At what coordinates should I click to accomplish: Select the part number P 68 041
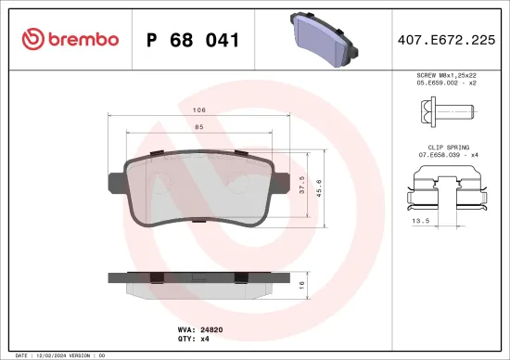coord(194,40)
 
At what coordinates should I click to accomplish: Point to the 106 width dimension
coord(199,109)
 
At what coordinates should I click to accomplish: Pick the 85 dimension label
coord(199,127)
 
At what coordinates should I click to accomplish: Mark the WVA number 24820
coord(212,328)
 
